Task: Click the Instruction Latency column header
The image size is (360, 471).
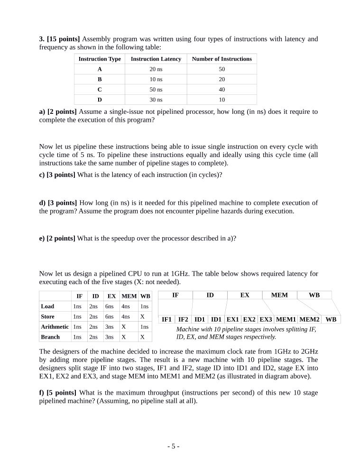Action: click(156, 59)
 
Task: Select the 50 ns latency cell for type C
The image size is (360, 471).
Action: click(156, 90)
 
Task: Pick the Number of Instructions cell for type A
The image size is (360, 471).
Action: click(222, 69)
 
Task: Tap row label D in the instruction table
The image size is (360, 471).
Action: click(100, 100)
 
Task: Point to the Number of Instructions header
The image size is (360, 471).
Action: click(222, 59)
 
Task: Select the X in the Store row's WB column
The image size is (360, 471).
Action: click(142, 316)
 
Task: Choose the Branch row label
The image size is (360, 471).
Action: click(50, 337)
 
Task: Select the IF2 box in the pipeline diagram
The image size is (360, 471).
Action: click(183, 319)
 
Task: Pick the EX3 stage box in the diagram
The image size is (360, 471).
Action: click(266, 319)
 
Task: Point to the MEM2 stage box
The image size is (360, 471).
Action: click(309, 319)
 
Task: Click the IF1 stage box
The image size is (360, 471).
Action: click(166, 319)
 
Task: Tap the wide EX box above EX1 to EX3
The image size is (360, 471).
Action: click(245, 295)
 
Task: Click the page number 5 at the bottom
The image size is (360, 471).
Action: click(173, 446)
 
